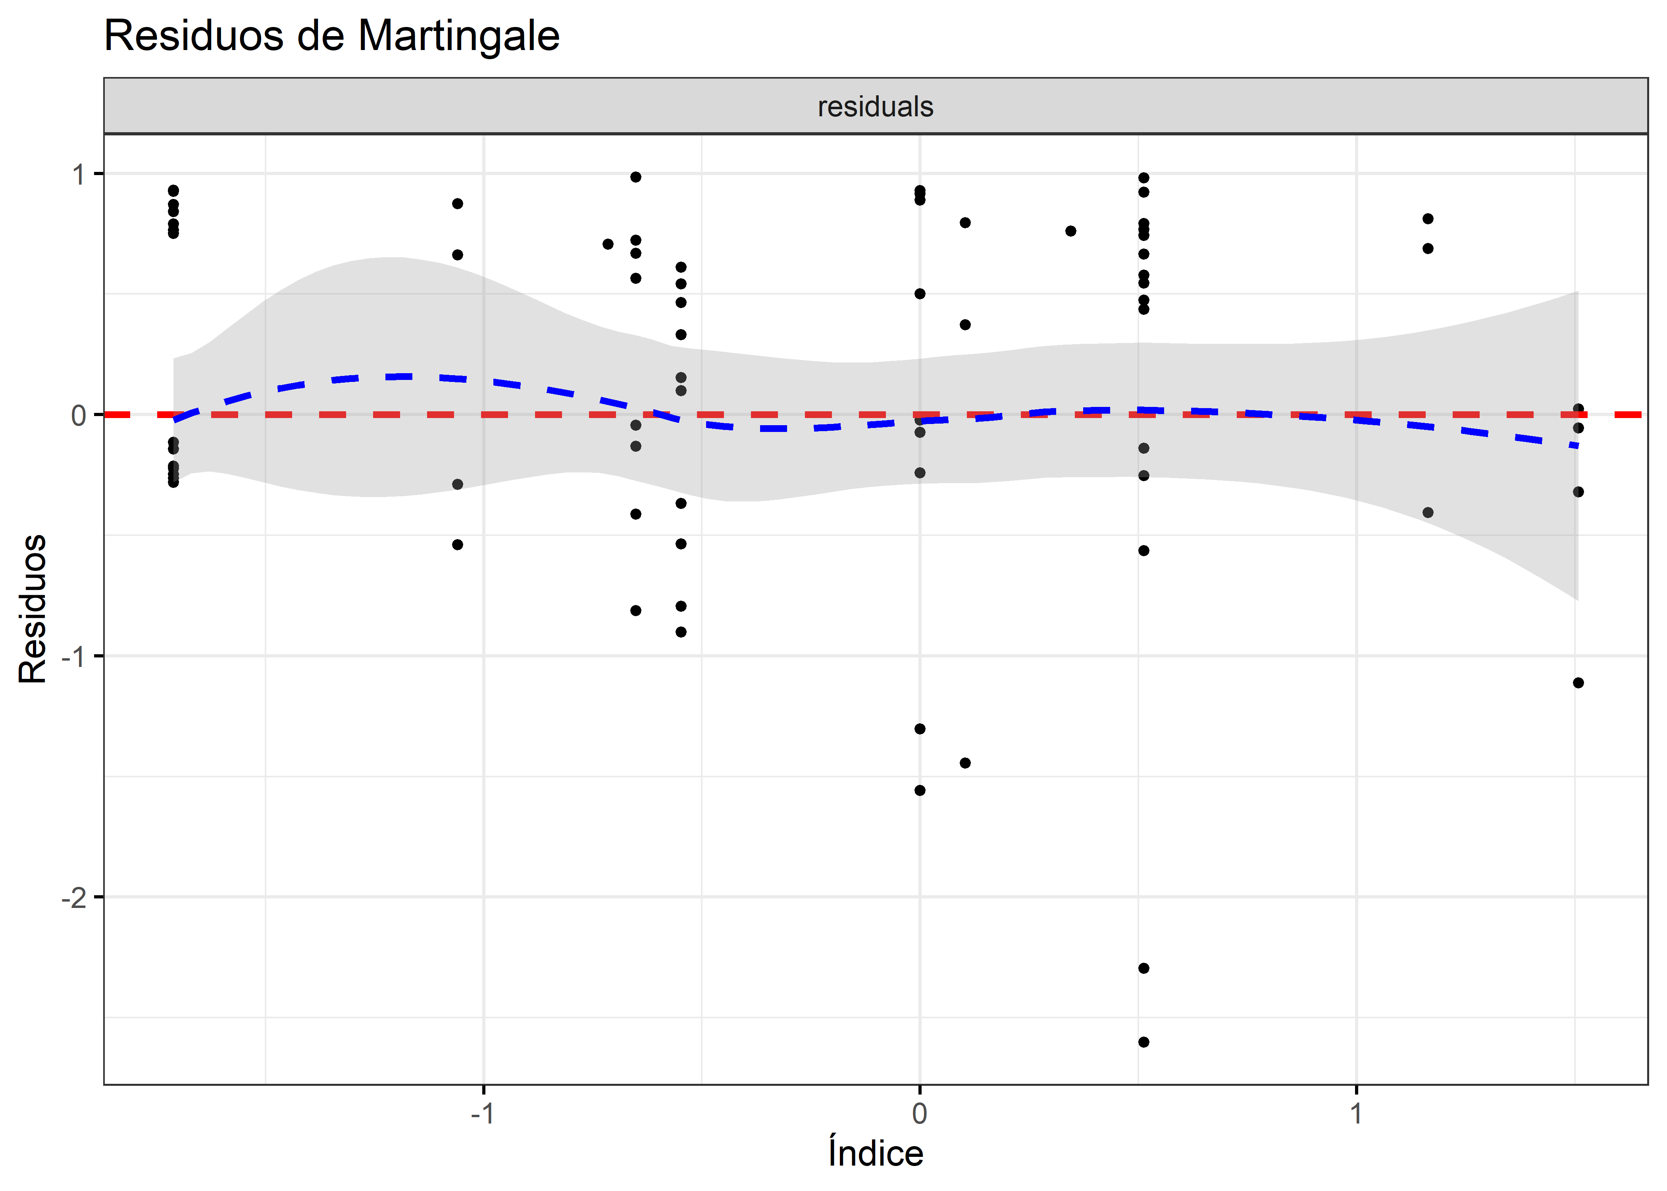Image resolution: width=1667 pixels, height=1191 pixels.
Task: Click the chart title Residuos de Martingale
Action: [331, 35]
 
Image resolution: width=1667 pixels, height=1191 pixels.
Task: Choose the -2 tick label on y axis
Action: [73, 898]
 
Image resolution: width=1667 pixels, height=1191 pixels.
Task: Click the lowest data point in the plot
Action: [1143, 1042]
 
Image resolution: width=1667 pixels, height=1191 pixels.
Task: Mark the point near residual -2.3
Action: [1143, 968]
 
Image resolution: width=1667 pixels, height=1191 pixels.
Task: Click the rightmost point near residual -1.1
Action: [1578, 683]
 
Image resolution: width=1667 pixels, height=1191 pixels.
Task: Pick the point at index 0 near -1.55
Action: [920, 790]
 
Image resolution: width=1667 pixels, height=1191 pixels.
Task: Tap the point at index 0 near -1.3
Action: [920, 729]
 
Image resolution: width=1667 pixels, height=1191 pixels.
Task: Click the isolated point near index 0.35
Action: [1070, 231]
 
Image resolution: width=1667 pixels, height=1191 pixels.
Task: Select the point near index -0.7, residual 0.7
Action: [608, 244]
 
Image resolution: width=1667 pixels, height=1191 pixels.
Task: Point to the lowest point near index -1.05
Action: [458, 545]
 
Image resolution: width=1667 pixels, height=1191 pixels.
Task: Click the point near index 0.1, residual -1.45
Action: [965, 763]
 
